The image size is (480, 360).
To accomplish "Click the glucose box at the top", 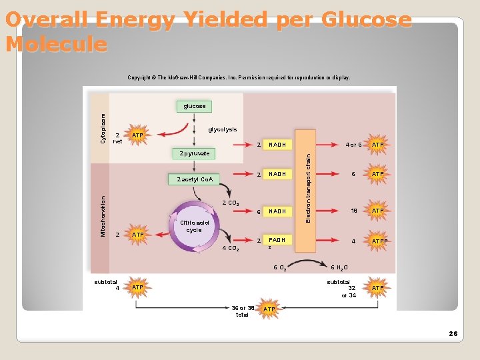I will [194, 106].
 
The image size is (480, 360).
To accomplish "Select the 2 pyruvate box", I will [195, 153].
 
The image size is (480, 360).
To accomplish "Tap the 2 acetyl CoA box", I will [195, 179].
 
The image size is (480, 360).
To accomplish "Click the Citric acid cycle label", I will [194, 226].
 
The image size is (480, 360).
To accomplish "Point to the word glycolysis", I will [222, 129].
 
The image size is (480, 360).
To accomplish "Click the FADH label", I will [277, 240].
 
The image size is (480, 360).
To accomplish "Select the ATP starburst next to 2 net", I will [137, 136].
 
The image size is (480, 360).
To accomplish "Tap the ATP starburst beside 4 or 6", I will [377, 145].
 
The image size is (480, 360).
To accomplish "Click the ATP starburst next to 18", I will [377, 211].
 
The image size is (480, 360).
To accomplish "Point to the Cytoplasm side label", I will [103, 127].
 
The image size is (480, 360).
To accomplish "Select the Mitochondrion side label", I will [103, 215].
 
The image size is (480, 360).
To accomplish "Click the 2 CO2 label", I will [231, 203].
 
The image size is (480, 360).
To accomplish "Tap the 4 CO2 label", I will [231, 249].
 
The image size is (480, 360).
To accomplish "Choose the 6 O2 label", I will [280, 268].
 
